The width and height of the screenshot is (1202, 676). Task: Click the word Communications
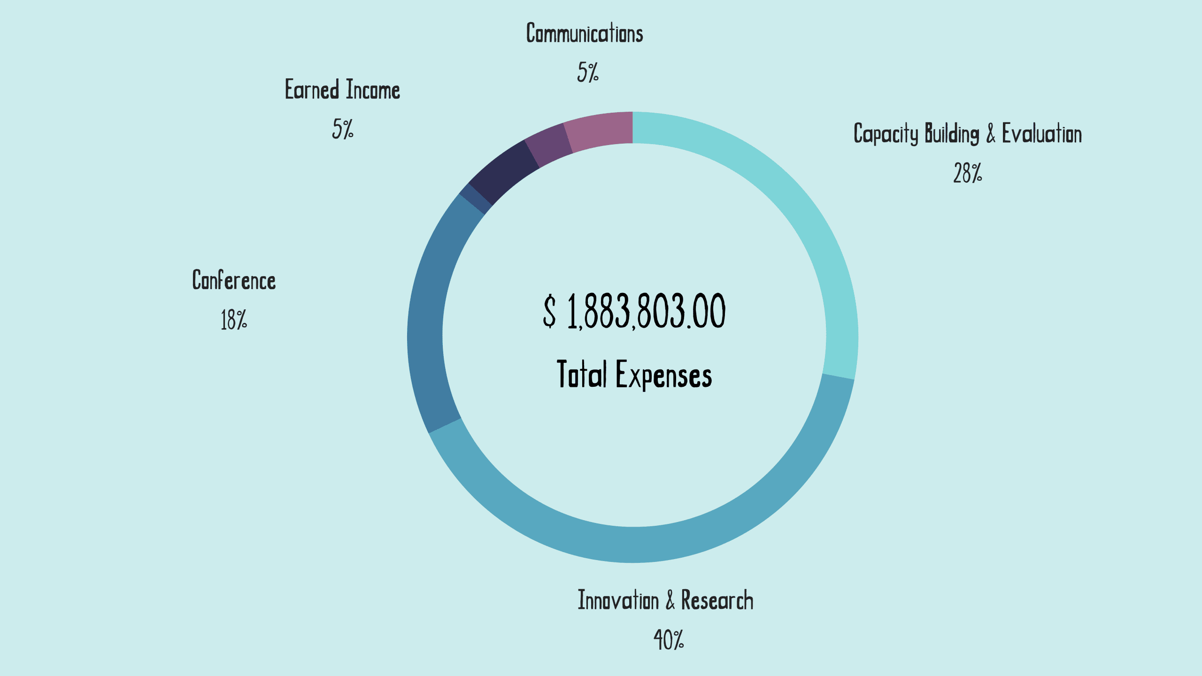pos(585,34)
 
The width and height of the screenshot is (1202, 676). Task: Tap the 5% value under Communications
pos(588,73)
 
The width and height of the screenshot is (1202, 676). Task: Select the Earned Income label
pos(343,90)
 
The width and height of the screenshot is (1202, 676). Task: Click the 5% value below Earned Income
pos(343,129)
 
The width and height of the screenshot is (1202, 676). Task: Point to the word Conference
pos(234,280)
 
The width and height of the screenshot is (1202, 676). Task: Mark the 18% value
pos(234,320)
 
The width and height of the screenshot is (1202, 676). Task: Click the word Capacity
pos(886,134)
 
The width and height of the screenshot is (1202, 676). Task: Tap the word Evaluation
pos(1042,134)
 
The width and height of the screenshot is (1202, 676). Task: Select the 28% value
pos(967,173)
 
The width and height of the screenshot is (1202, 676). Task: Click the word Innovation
pos(618,600)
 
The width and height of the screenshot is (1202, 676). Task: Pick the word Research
pos(717,600)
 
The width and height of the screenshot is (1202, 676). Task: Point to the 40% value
pos(669,640)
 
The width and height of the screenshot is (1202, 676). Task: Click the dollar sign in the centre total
pos(549,311)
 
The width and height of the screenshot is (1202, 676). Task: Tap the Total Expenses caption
pos(634,375)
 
